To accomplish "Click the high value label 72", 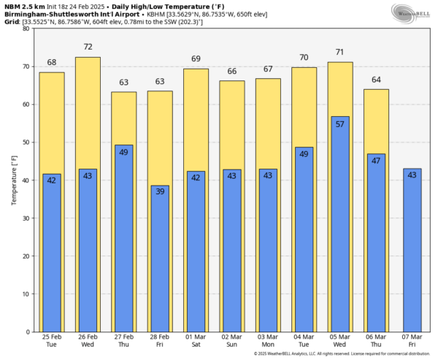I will click(88, 47).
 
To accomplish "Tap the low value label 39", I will click(160, 192).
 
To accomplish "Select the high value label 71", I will click(339, 53).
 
